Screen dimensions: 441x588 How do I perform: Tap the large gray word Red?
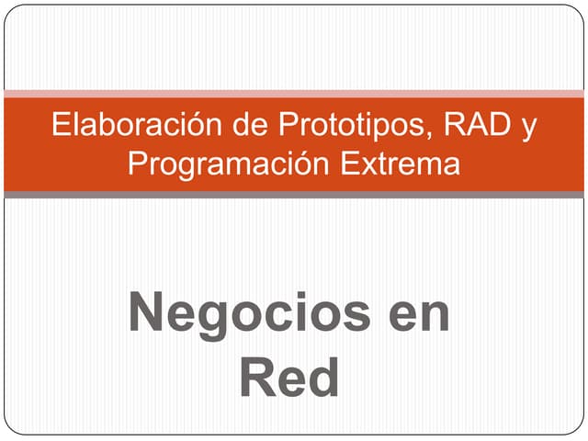coord(290,378)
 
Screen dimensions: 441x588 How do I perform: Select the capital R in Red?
coord(257,378)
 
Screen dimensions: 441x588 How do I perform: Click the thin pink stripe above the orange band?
coord(294,93)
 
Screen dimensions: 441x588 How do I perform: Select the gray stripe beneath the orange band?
coord(294,195)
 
